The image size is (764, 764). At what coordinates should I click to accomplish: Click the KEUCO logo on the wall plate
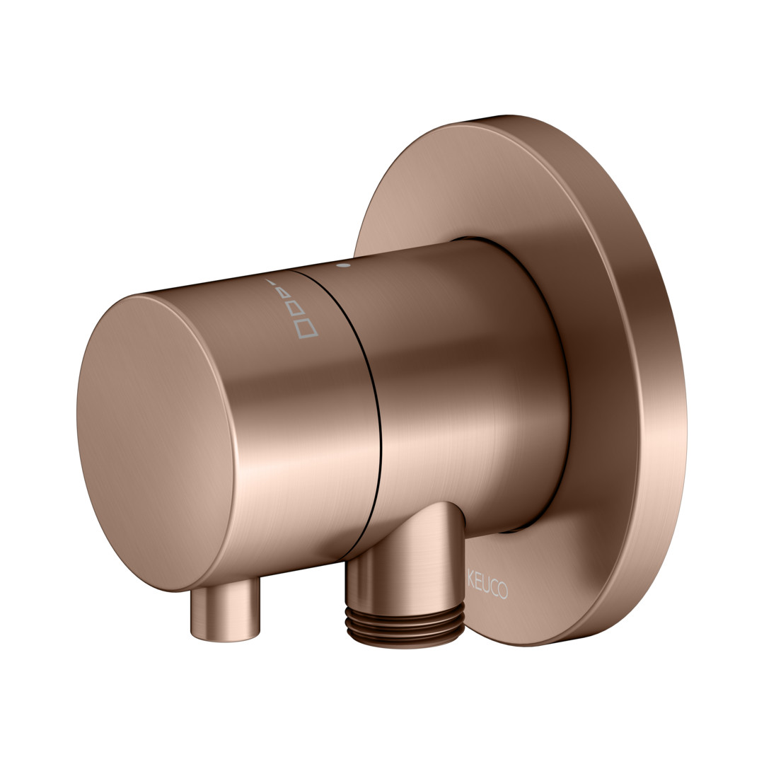click(x=487, y=583)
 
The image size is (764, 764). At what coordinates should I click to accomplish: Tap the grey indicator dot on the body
click(x=344, y=266)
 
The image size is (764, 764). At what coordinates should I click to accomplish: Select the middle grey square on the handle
click(x=296, y=309)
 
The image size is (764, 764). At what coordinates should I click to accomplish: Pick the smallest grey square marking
click(x=285, y=294)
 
